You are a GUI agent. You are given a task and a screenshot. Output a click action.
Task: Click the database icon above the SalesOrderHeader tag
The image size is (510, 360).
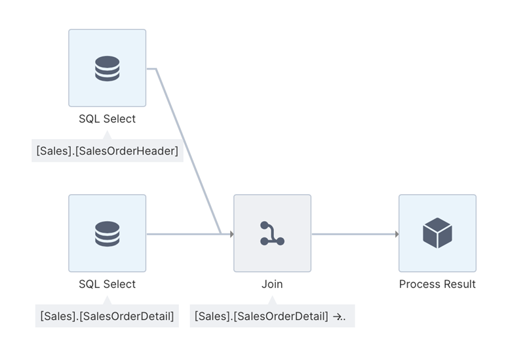(107, 68)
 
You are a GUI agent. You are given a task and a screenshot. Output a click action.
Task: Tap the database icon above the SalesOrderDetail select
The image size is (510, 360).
(107, 233)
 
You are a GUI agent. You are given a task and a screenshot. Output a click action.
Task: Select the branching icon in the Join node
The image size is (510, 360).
(272, 233)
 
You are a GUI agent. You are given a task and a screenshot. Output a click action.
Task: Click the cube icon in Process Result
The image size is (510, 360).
(437, 233)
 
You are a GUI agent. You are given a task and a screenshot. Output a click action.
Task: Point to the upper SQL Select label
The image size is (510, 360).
(107, 119)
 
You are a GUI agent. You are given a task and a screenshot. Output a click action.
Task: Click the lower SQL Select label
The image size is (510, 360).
(107, 284)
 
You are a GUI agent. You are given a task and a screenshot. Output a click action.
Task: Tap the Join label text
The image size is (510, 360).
(272, 284)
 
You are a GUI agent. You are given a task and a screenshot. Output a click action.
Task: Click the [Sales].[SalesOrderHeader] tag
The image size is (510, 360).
(108, 151)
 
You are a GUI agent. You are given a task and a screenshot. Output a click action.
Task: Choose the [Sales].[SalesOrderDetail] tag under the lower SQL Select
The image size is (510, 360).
(107, 316)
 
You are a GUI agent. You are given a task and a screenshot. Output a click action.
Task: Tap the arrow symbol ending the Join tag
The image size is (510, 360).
(339, 316)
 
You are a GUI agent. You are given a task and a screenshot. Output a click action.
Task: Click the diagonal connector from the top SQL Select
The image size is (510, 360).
(187, 151)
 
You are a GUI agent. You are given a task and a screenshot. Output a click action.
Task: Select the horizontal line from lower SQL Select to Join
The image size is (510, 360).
(184, 233)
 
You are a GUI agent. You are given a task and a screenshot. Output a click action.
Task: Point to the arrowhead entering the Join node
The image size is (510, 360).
(231, 233)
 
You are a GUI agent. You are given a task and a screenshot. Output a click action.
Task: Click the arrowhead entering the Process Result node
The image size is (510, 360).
(397, 233)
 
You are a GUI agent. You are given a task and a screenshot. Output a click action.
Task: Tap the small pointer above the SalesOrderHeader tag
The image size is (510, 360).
(107, 135)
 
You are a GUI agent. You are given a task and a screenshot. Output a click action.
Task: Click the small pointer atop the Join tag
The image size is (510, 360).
(272, 300)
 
